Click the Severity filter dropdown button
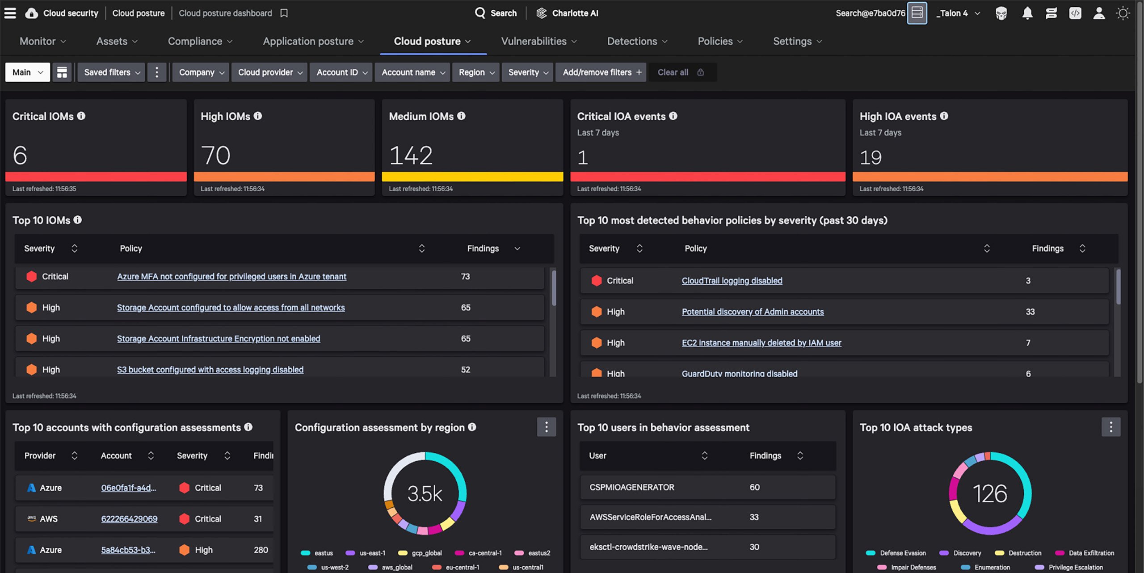pos(528,72)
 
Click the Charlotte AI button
pos(567,13)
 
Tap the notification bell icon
pos(1027,13)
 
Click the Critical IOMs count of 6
pos(20,156)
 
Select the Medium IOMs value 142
pos(411,156)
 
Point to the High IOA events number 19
pos(870,157)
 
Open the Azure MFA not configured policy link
pos(231,277)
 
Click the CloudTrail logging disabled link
pos(732,281)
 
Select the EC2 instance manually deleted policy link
pos(761,343)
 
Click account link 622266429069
pos(129,519)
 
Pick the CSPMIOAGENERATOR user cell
pos(631,487)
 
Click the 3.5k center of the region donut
pos(425,494)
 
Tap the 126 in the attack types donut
pos(990,494)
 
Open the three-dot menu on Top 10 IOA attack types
pos(1110,427)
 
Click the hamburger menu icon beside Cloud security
pos(10,13)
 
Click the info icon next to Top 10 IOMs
pos(78,220)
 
